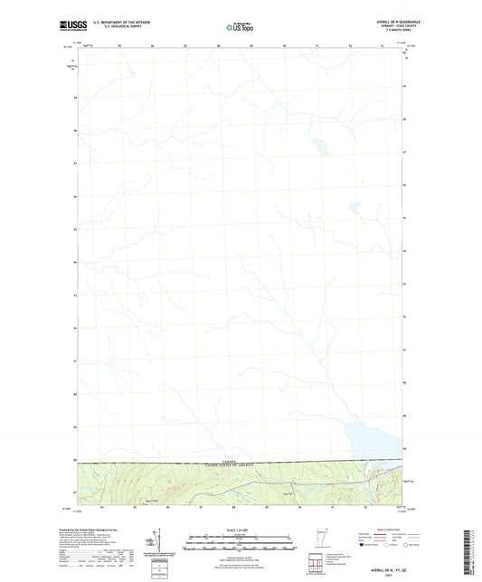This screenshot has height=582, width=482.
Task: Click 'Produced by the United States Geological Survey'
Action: click(x=105, y=524)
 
